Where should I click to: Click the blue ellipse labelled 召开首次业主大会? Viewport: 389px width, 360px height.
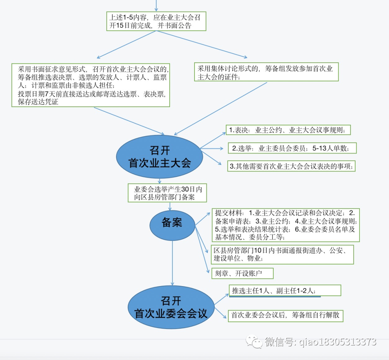(160, 157)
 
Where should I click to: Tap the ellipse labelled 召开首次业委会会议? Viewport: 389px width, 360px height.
(171, 307)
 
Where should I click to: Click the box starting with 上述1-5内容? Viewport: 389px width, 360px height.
(156, 21)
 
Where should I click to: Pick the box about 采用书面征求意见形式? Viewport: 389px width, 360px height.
(90, 85)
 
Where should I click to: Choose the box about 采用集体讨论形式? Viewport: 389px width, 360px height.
(266, 72)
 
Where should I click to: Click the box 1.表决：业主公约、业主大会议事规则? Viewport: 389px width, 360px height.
(288, 130)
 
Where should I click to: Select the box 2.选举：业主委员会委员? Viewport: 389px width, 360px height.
(292, 148)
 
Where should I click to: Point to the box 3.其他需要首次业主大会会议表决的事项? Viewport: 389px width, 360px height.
(291, 166)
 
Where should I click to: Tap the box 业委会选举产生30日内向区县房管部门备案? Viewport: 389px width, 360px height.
(167, 193)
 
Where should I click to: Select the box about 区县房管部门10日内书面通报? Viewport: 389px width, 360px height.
(282, 254)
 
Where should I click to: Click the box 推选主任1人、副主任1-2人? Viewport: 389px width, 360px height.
(285, 290)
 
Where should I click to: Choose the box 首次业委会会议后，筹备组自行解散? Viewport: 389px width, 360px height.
(285, 315)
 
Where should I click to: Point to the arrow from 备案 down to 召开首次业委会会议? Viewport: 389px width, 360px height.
(173, 263)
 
